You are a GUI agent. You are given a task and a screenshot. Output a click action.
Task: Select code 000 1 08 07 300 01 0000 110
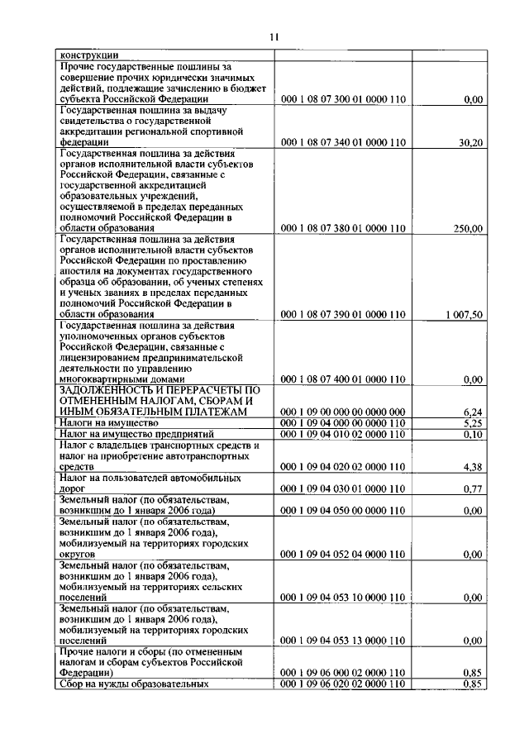coord(343,99)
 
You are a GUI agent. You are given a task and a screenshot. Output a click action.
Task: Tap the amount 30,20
coord(470,142)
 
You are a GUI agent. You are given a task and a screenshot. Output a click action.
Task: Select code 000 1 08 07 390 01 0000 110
coord(343,315)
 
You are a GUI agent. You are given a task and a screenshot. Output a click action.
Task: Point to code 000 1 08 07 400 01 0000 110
coord(343,379)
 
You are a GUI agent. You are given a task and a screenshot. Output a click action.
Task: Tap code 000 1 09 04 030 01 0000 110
coord(343,488)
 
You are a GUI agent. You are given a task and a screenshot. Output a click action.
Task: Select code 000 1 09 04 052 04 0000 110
coord(343,554)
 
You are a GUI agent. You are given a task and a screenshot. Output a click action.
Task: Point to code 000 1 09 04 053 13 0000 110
coord(343,641)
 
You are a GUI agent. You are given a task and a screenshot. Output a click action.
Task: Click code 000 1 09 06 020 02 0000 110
coord(343,684)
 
